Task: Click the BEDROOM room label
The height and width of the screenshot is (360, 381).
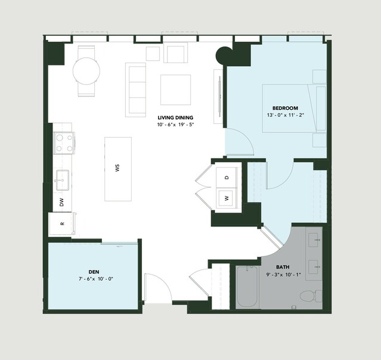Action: (x=285, y=108)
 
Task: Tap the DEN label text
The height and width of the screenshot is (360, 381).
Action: (x=94, y=272)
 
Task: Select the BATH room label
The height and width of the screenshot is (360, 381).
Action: (x=283, y=267)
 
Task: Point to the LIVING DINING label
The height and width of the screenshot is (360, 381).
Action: (x=175, y=118)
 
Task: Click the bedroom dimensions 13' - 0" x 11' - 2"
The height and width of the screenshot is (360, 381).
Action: (x=286, y=115)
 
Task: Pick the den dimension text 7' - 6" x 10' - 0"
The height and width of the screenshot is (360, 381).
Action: (x=96, y=279)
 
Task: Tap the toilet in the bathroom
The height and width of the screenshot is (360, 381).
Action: (x=311, y=296)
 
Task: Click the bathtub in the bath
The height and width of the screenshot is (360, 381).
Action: (x=247, y=287)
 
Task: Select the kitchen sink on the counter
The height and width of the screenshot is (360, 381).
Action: (x=63, y=180)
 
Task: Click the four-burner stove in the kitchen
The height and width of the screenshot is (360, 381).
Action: (x=64, y=143)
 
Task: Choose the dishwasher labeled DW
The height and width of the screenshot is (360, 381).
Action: (x=62, y=202)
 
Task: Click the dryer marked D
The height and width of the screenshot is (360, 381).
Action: (x=227, y=178)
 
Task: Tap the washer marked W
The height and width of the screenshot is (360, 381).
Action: (x=227, y=198)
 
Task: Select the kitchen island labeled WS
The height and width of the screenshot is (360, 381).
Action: (x=118, y=169)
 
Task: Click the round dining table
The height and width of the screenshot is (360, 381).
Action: (x=86, y=71)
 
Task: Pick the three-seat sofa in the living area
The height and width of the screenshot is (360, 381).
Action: (x=135, y=90)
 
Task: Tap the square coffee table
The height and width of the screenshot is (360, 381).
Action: (x=175, y=89)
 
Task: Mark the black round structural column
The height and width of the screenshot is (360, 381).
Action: (x=224, y=55)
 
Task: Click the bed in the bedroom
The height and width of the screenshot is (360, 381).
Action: (x=295, y=108)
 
